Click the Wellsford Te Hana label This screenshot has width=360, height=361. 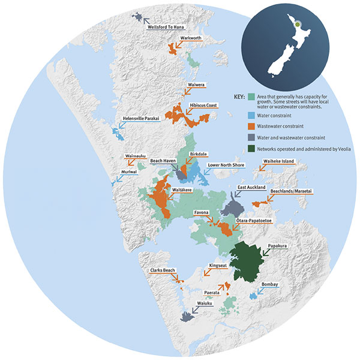point(166,27)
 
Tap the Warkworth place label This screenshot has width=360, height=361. point(187,38)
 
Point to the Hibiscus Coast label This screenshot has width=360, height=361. point(203,105)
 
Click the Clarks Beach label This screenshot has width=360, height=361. point(163,271)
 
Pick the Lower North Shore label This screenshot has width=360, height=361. point(224,164)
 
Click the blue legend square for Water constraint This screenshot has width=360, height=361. point(251,116)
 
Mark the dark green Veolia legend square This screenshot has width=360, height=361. point(251,148)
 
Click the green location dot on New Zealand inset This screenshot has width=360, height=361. point(296,24)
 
